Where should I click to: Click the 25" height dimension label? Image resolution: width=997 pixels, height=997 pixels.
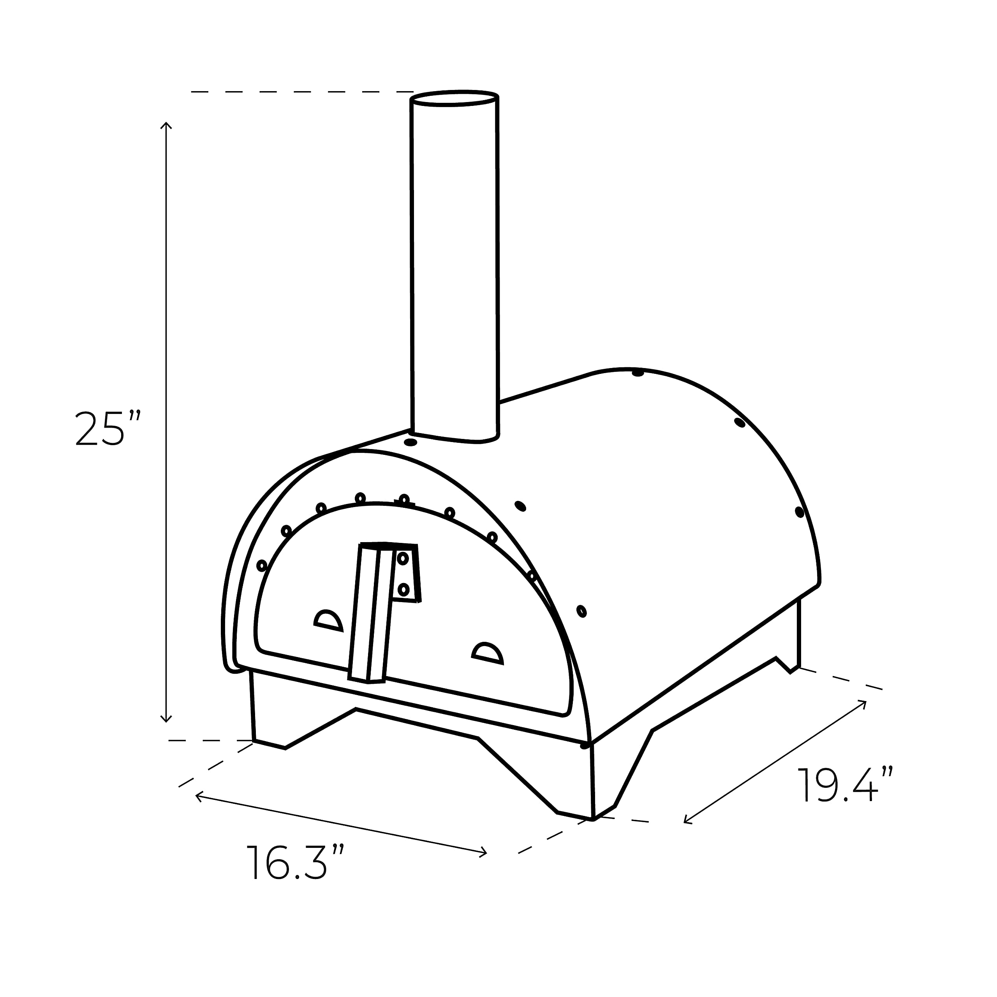pyautogui.click(x=107, y=429)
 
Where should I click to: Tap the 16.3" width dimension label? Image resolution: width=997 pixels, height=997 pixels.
pyautogui.click(x=295, y=862)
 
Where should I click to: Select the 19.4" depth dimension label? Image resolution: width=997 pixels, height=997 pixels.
pyautogui.click(x=845, y=785)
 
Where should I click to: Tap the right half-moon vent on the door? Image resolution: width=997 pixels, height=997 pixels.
pyautogui.click(x=487, y=653)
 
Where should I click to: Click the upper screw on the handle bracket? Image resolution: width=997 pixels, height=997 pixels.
pyautogui.click(x=403, y=558)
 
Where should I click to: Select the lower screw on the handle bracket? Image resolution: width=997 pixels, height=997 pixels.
pyautogui.click(x=403, y=589)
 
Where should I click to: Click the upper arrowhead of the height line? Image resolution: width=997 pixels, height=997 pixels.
pyautogui.click(x=166, y=125)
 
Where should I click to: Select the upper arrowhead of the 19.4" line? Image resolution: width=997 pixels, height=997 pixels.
pyautogui.click(x=863, y=703)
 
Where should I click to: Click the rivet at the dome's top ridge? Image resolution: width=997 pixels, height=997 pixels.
pyautogui.click(x=638, y=373)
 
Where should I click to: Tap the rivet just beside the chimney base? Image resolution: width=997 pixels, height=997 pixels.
pyautogui.click(x=410, y=442)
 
